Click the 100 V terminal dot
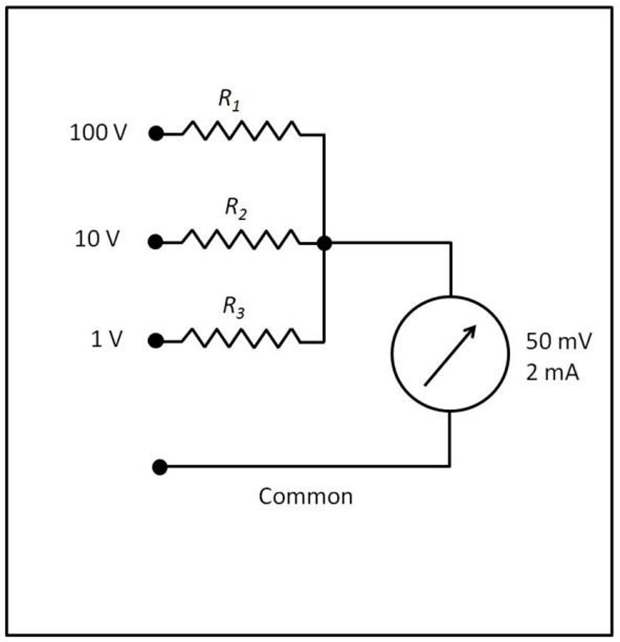point(156,134)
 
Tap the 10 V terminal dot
point(156,242)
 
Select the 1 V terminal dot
point(156,341)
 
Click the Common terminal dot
point(160,467)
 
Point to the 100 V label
point(98,133)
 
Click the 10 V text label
point(97,239)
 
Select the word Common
point(305,497)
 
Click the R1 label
point(229,99)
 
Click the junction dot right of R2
point(324,243)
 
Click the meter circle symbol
point(449,354)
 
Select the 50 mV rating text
point(558,342)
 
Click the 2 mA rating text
point(552,373)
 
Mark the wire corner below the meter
point(449,466)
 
